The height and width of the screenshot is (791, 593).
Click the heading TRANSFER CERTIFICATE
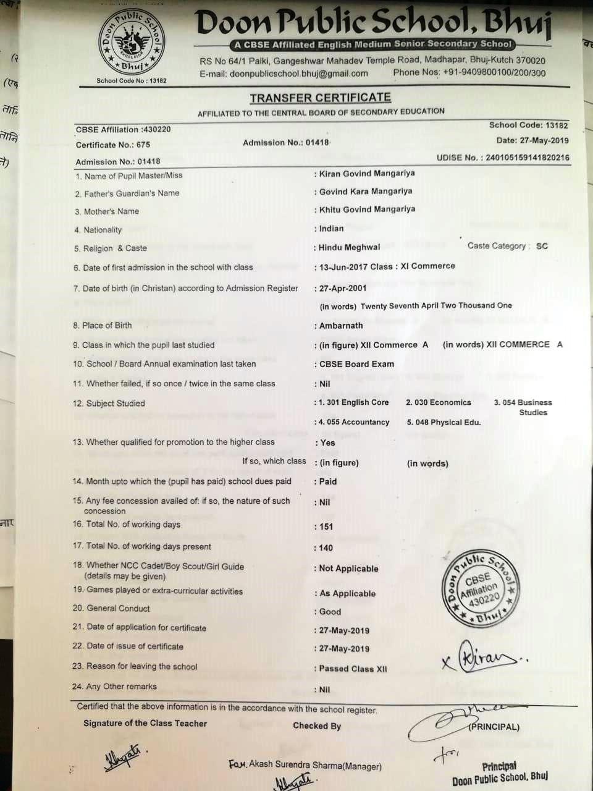pyautogui.click(x=320, y=98)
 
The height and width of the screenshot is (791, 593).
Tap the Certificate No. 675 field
pyautogui.click(x=113, y=145)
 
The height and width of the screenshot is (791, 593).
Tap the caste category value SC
pyautogui.click(x=542, y=246)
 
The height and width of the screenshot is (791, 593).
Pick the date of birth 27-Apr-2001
pyautogui.click(x=343, y=288)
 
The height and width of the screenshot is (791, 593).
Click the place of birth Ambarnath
pyautogui.click(x=341, y=326)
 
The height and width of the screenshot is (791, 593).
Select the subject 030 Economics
pyautogui.click(x=439, y=402)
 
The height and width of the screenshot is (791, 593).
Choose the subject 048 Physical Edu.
pyautogui.click(x=444, y=423)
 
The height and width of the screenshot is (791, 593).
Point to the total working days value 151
pyautogui.click(x=326, y=527)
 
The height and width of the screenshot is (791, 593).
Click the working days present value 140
pyautogui.click(x=326, y=548)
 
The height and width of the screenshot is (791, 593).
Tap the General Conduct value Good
pyautogui.click(x=330, y=612)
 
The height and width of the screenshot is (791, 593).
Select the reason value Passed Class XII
pyautogui.click(x=353, y=669)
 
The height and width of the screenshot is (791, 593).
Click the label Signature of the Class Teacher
pyautogui.click(x=145, y=724)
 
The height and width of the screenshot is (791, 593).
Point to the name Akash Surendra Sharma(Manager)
pyautogui.click(x=305, y=766)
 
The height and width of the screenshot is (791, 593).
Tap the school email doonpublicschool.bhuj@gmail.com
pyautogui.click(x=284, y=73)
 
